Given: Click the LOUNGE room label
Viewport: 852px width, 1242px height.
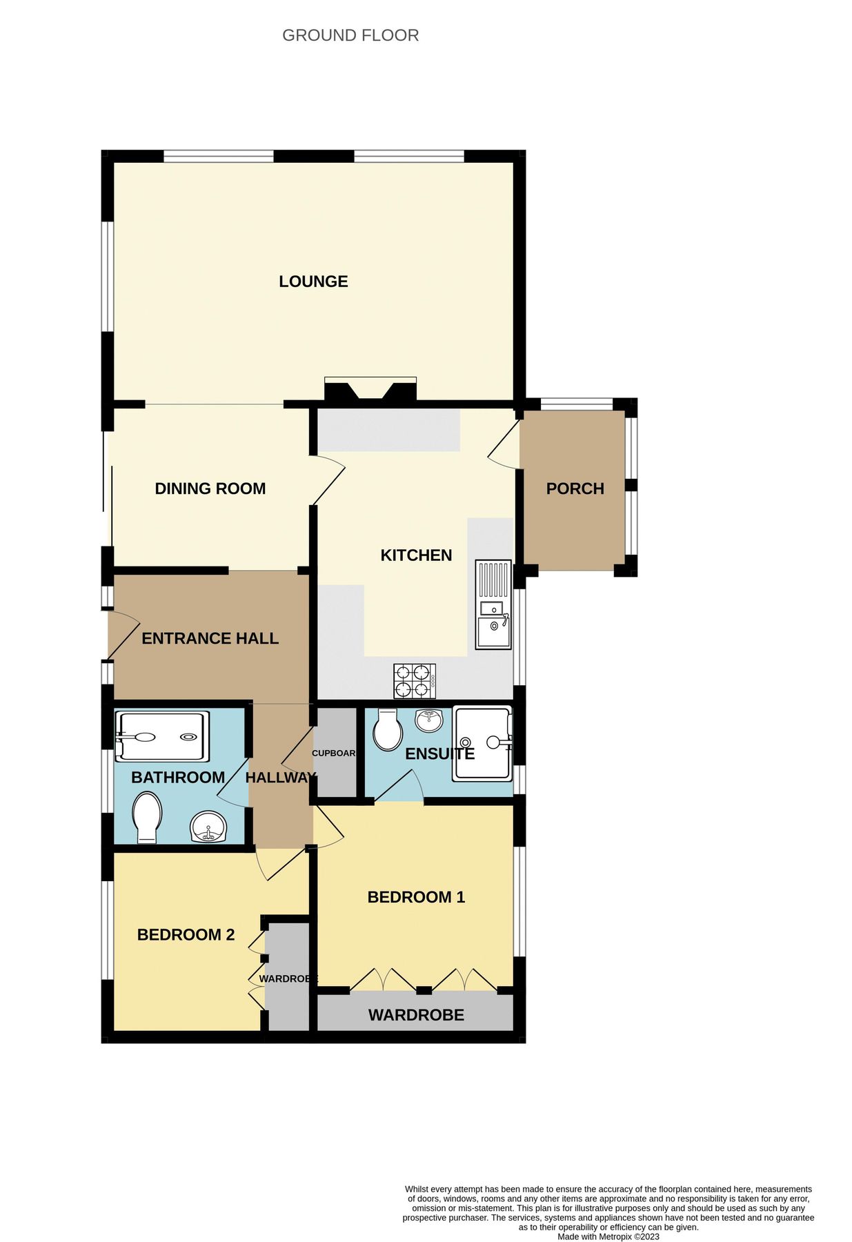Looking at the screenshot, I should [313, 282].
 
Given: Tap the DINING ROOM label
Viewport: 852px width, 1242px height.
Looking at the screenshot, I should [210, 489].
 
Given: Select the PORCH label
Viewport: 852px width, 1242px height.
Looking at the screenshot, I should [575, 489].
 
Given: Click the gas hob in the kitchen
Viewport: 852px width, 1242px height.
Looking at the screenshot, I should [415, 680].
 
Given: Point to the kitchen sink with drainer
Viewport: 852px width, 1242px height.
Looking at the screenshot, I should [493, 604].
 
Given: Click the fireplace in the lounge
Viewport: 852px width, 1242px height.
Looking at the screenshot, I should [370, 390].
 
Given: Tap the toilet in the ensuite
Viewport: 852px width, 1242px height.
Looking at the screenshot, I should [388, 730].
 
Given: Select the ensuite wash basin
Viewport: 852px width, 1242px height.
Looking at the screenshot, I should [430, 720].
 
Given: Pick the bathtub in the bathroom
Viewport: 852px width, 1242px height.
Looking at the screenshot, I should [161, 737].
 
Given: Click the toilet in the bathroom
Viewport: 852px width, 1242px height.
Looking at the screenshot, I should [147, 817].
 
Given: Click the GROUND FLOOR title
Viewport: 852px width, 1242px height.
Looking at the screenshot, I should [350, 35].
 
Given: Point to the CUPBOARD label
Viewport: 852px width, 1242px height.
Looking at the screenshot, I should [334, 753].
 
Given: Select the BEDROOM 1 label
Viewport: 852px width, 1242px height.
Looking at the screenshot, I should [416, 897].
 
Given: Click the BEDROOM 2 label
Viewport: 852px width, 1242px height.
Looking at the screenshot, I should [186, 935].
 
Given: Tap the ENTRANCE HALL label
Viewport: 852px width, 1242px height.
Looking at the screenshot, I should [210, 639].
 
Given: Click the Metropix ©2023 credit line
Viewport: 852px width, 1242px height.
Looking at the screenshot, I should [608, 1236].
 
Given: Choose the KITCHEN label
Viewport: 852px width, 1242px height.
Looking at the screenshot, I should [416, 555].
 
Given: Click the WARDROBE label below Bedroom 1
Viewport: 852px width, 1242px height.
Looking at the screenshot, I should [416, 1015].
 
